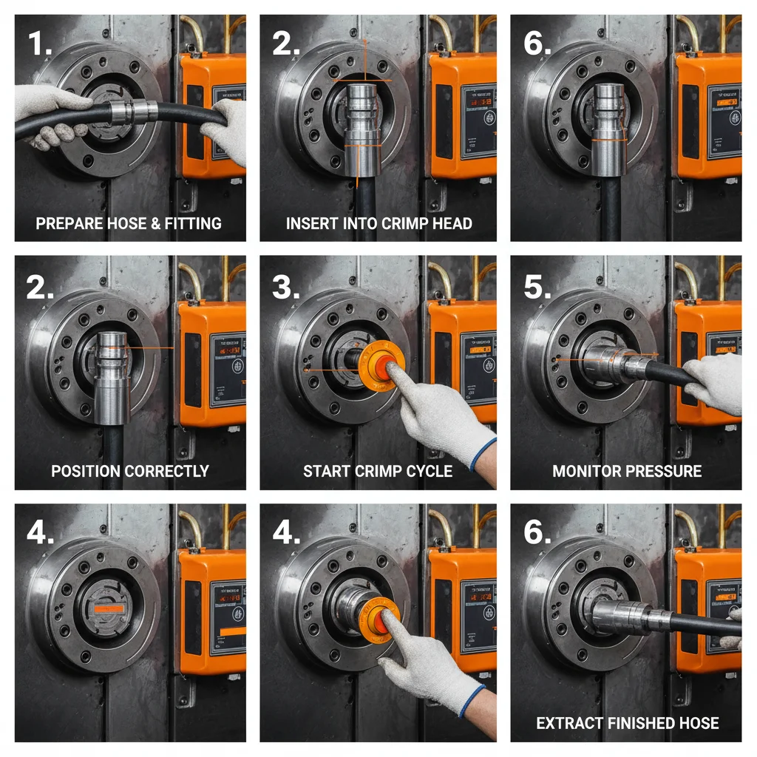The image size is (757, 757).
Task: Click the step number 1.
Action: [38, 44]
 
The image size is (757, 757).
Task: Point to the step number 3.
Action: [285, 288]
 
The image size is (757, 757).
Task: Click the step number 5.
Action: [537, 288]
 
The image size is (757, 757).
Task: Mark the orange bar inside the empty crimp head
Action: [109, 608]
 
